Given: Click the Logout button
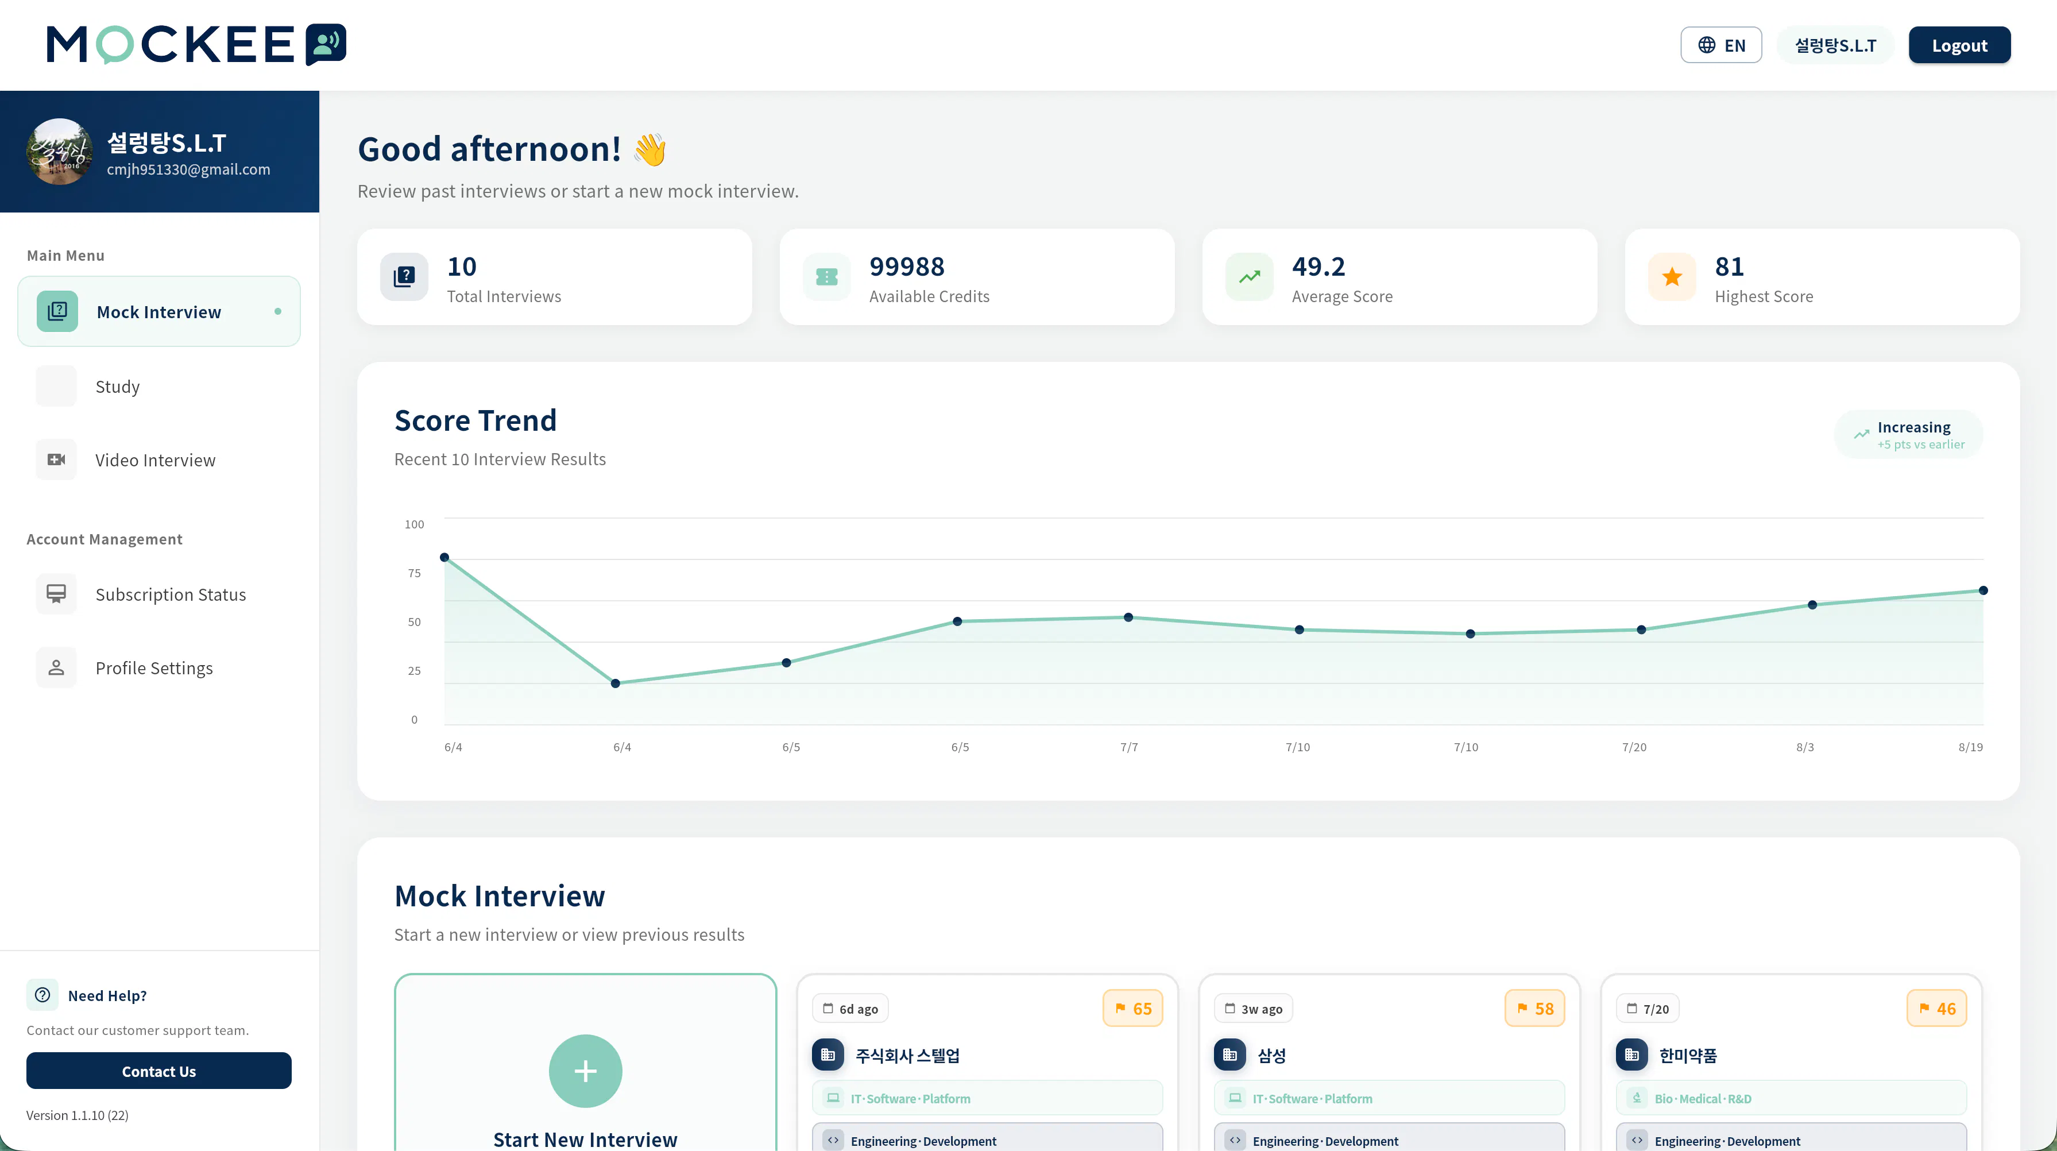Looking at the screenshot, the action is pyautogui.click(x=1959, y=45).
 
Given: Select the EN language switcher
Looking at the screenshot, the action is pyautogui.click(x=1721, y=45).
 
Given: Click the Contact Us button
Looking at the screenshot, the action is pyautogui.click(x=159, y=1071).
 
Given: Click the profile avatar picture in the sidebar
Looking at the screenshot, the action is pyautogui.click(x=59, y=152).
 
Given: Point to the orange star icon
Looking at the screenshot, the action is pyautogui.click(x=1672, y=277).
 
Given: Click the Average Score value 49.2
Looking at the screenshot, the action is pyautogui.click(x=1319, y=266).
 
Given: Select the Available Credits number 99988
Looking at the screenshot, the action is pyautogui.click(x=906, y=266).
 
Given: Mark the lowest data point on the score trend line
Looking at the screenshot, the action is pyautogui.click(x=616, y=683).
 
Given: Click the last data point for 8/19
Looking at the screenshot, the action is pyautogui.click(x=1983, y=591).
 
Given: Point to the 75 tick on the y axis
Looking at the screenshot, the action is pyautogui.click(x=415, y=573).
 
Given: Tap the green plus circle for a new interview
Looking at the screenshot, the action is pyautogui.click(x=585, y=1071).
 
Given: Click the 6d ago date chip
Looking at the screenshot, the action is pyautogui.click(x=850, y=1009).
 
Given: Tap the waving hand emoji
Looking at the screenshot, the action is pyautogui.click(x=651, y=149).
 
